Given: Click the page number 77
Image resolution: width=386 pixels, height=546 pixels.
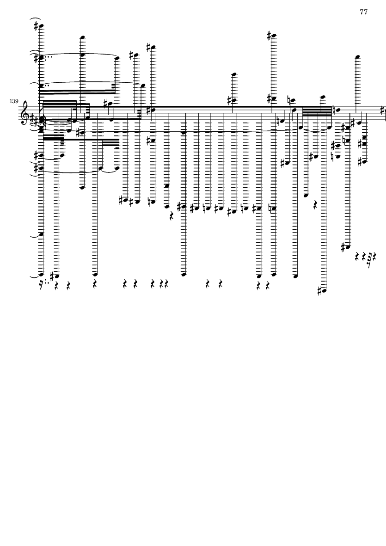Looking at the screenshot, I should click(363, 12).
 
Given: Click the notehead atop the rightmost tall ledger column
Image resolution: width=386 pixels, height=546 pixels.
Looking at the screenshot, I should click(357, 57).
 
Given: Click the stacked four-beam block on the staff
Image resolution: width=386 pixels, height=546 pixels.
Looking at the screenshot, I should click(317, 108).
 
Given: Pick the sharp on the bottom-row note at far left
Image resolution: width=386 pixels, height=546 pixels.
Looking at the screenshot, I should click(52, 276).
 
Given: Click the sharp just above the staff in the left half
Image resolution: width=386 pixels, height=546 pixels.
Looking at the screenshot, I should click(106, 103).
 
